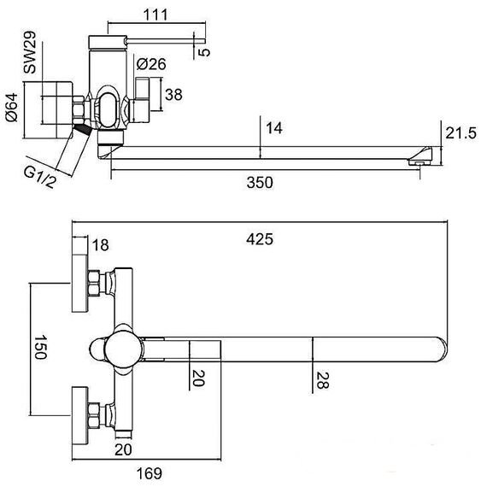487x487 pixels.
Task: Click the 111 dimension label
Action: [155, 15]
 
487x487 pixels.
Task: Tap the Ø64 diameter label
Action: [12, 108]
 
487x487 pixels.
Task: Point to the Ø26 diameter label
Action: [151, 64]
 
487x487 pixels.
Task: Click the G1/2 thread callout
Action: [39, 177]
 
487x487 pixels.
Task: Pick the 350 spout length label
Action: [260, 182]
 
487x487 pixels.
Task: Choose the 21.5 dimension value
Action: [461, 133]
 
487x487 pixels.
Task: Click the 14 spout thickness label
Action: [274, 128]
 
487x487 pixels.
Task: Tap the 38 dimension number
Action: [173, 95]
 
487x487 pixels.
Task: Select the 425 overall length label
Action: [260, 239]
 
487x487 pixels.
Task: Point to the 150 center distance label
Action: [40, 347]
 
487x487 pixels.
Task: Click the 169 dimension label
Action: [150, 473]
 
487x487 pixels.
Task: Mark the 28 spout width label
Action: [322, 380]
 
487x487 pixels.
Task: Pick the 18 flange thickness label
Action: [100, 245]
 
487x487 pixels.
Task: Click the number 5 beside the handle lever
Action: [204, 52]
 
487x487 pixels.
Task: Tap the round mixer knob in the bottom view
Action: [124, 349]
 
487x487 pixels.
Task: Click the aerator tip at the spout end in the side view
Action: [421, 156]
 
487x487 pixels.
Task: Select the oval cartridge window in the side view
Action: [109, 109]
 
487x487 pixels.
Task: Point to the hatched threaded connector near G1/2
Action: [83, 129]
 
